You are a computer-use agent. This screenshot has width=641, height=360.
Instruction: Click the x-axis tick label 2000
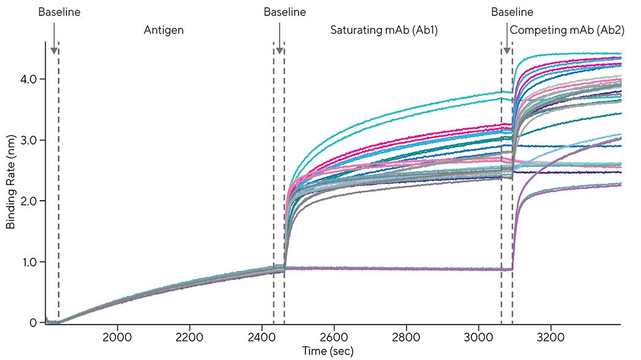pyautogui.click(x=118, y=336)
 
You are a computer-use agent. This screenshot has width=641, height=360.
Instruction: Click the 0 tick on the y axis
pyautogui.click(x=34, y=323)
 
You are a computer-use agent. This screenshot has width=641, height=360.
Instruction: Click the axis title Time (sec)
pyautogui.click(x=328, y=351)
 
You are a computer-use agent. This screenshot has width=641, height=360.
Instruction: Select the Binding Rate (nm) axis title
pyautogui.click(x=10, y=182)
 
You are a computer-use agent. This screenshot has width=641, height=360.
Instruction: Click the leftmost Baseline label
pyautogui.click(x=59, y=12)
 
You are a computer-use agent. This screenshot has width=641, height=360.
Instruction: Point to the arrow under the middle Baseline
pyautogui.click(x=280, y=39)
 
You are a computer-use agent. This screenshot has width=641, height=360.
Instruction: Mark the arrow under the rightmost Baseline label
pyautogui.click(x=506, y=39)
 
